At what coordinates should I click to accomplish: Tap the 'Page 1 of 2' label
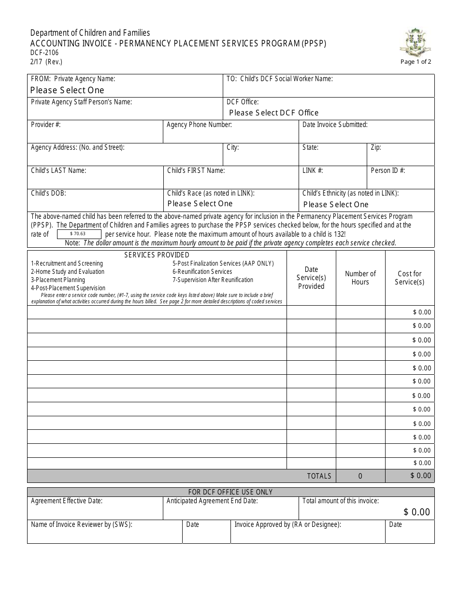tap(416, 62)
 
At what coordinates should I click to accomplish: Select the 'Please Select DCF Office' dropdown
tap(273, 113)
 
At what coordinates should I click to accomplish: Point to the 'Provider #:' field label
tap(45, 125)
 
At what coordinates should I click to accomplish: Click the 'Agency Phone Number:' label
tap(199, 125)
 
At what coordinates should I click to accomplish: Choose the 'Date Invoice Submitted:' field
tap(335, 125)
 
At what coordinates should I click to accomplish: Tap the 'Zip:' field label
tap(376, 147)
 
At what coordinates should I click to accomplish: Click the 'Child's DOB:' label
tap(48, 193)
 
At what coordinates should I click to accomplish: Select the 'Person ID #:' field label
tap(387, 170)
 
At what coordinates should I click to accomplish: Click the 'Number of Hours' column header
tap(360, 278)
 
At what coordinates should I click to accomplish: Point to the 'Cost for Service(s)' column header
tap(409, 278)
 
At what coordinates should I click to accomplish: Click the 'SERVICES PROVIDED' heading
tap(157, 255)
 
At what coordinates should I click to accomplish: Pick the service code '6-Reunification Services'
tap(202, 271)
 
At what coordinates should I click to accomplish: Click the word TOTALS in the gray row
tap(319, 476)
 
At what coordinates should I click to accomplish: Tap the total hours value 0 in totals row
tap(360, 476)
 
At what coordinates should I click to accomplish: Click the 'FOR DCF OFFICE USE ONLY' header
tap(230, 492)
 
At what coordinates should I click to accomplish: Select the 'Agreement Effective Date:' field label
tap(67, 501)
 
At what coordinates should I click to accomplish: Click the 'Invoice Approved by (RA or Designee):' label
tap(287, 524)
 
